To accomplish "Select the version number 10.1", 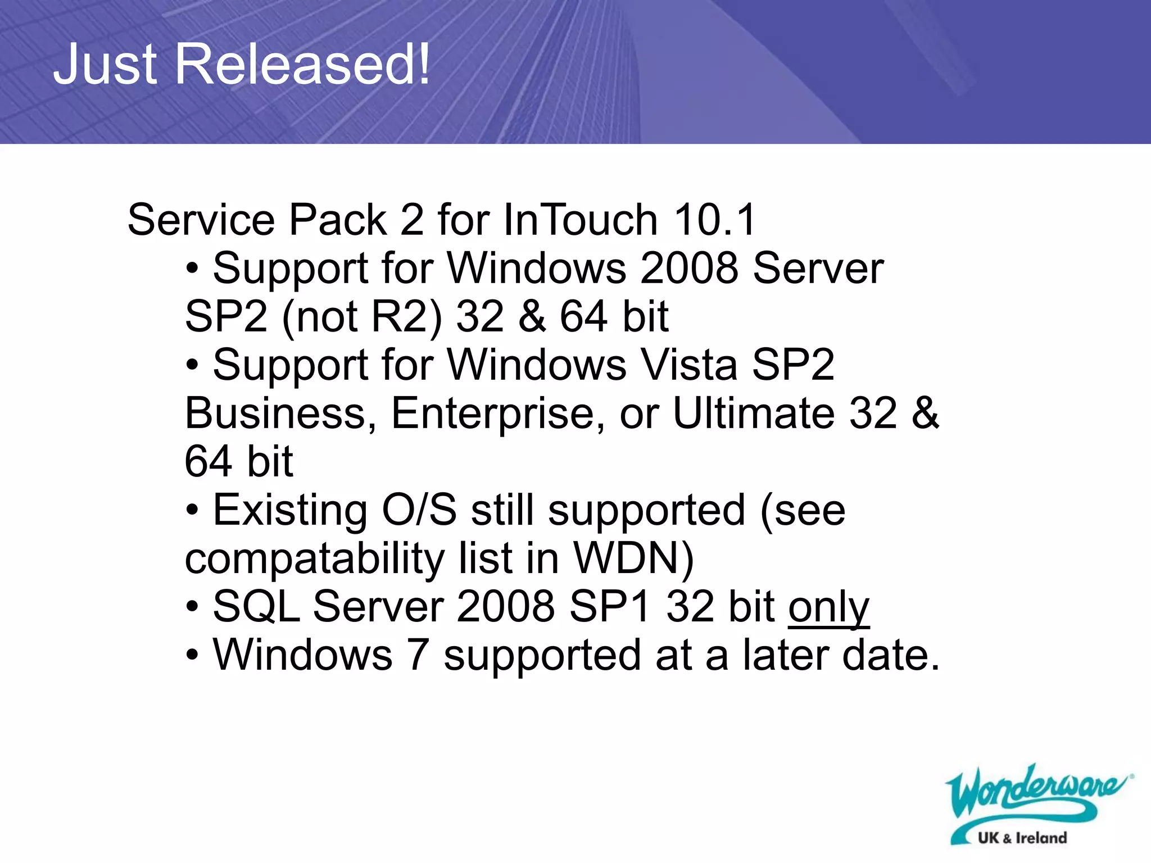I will (715, 220).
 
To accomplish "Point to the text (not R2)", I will (361, 317).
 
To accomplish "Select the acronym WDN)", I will (633, 558).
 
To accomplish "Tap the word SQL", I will (257, 607).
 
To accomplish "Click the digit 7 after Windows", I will (418, 656).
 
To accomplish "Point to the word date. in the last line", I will (891, 656).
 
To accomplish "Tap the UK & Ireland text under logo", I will (1022, 838).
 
